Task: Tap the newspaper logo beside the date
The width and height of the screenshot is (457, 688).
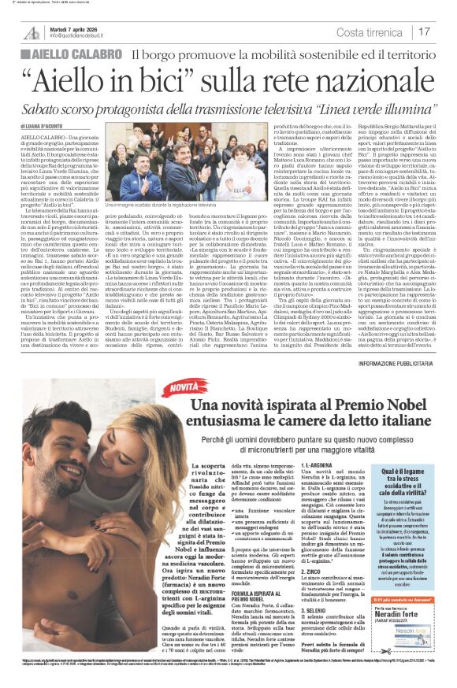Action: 32,31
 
